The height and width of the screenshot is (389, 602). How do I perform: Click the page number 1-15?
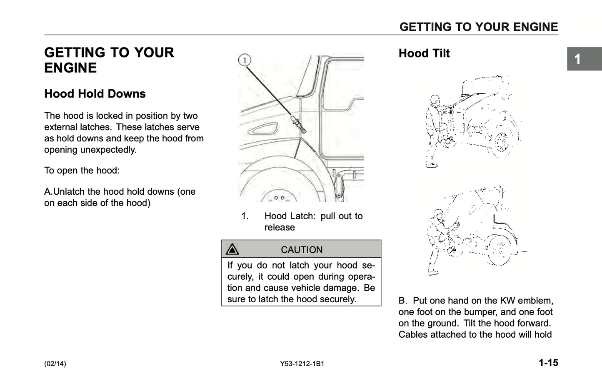[x=548, y=363]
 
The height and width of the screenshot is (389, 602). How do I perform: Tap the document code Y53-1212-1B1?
[x=302, y=364]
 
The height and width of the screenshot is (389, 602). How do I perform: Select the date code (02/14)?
[x=55, y=364]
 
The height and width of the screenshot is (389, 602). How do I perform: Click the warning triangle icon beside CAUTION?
[x=232, y=249]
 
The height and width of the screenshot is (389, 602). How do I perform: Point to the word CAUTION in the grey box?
[x=302, y=250]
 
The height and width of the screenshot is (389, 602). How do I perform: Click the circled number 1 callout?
[x=245, y=60]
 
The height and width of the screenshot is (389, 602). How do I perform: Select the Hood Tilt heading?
[x=424, y=53]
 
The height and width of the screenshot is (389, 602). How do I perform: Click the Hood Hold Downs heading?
[x=95, y=94]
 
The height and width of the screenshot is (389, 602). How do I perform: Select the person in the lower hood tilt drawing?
[x=437, y=240]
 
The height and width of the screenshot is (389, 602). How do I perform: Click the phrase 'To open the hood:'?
[x=82, y=171]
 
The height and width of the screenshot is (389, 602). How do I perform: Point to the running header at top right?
[x=479, y=27]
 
